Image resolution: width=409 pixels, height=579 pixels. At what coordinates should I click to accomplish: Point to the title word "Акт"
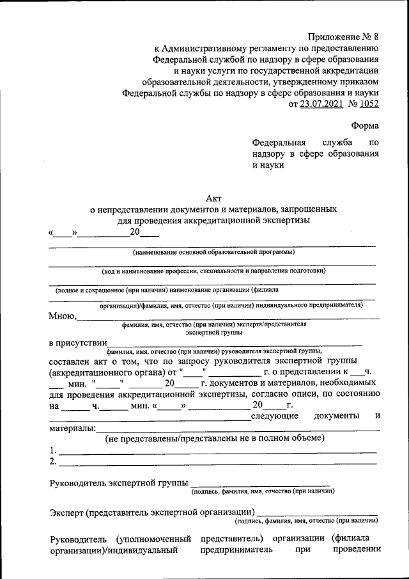[x=213, y=198]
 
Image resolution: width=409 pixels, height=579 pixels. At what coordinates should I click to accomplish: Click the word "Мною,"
[x=63, y=315]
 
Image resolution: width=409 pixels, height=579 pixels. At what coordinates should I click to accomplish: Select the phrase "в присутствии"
[x=77, y=343]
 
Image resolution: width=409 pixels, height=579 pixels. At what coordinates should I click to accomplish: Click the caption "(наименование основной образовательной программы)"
[x=213, y=252]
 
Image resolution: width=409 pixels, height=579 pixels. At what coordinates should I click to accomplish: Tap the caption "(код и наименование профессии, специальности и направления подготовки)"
[x=213, y=271]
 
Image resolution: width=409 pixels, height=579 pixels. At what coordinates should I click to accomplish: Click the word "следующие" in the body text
[x=275, y=416]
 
